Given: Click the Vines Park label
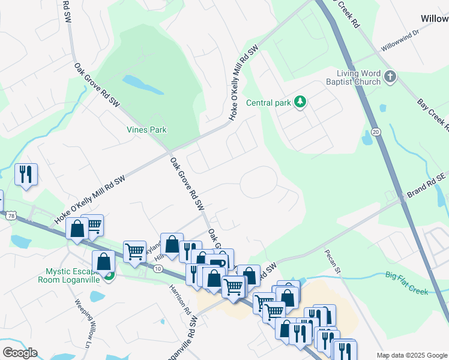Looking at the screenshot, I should click(x=146, y=130).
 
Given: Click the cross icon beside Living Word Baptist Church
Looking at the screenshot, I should click(x=390, y=77).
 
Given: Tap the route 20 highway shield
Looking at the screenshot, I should click(x=376, y=132).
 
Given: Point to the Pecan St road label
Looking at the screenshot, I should click(x=333, y=262).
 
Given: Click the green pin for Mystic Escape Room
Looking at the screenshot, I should click(x=109, y=275).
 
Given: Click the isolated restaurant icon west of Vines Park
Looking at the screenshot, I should click(x=26, y=174).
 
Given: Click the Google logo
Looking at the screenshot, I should click(x=20, y=353).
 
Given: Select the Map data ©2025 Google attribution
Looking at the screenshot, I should click(x=411, y=355).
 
